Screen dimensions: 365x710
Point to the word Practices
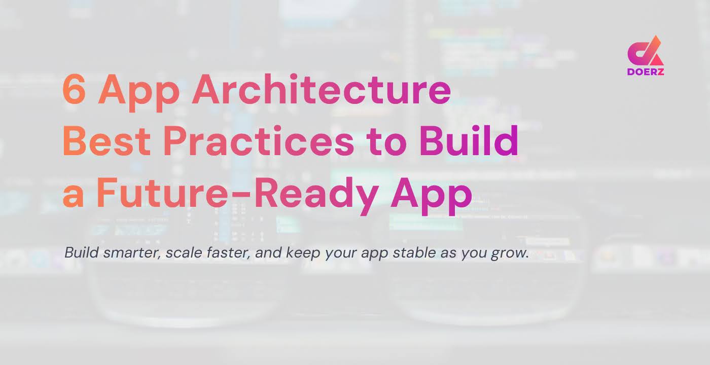(x=259, y=141)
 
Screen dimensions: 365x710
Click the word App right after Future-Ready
(x=431, y=195)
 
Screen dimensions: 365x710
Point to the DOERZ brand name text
(x=646, y=71)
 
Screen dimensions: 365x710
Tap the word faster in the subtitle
(x=227, y=252)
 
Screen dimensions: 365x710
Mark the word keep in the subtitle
(x=301, y=252)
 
